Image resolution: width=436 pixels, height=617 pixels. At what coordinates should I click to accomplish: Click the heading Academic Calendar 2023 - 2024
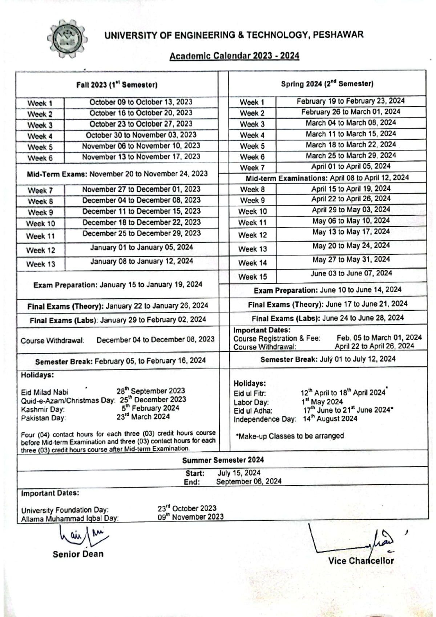(234, 56)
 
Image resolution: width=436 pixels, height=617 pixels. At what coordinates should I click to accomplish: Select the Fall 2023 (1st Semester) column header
(117, 85)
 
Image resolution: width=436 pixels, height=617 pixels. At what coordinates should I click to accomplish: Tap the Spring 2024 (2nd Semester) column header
(327, 84)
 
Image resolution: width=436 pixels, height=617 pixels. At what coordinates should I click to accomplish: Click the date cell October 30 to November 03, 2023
(141, 135)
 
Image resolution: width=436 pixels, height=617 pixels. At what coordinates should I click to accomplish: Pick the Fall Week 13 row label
(41, 264)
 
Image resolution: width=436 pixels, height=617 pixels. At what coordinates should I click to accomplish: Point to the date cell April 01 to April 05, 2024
(351, 166)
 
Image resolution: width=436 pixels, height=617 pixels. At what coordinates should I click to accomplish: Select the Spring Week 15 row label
(253, 277)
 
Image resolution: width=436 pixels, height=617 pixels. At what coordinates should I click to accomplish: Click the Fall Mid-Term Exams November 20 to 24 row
(117, 174)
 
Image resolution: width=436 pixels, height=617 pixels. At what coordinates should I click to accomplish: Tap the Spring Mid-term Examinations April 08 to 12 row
(327, 178)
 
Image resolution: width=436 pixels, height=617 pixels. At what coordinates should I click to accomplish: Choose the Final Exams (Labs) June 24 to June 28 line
(327, 318)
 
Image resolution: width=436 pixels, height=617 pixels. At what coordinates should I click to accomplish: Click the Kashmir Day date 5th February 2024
(150, 408)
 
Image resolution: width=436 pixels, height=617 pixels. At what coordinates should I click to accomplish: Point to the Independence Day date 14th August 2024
(330, 419)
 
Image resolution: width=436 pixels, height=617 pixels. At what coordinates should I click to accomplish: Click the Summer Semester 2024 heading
(223, 460)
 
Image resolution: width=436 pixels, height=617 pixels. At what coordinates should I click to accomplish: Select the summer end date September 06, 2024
(249, 482)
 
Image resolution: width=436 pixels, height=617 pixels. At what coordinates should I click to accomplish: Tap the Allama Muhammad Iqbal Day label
(70, 519)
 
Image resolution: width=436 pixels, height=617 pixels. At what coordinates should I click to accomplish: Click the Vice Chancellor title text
(360, 561)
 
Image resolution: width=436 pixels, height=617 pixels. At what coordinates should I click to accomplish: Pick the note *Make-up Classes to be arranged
(290, 436)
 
